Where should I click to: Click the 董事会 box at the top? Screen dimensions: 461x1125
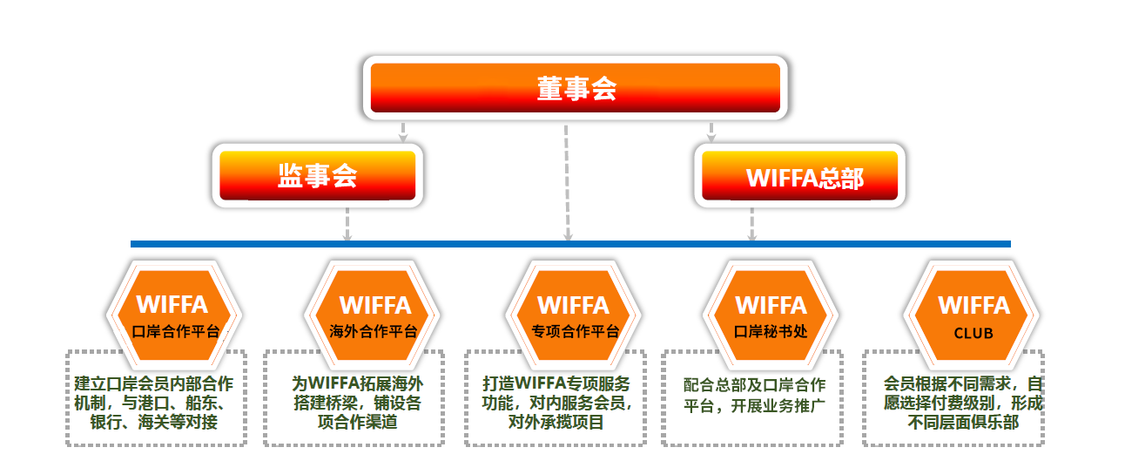click(576, 88)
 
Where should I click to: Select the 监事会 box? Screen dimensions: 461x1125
click(318, 176)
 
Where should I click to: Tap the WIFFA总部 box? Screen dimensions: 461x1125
click(799, 176)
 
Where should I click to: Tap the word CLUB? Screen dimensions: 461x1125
click(973, 333)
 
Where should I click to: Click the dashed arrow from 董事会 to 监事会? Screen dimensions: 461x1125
click(402, 132)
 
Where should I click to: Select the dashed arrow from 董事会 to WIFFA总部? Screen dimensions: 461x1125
click(711, 132)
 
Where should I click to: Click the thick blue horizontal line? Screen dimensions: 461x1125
click(570, 244)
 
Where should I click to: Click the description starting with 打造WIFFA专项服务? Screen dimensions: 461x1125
click(556, 403)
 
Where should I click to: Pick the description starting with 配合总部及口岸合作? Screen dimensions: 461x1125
click(754, 395)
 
